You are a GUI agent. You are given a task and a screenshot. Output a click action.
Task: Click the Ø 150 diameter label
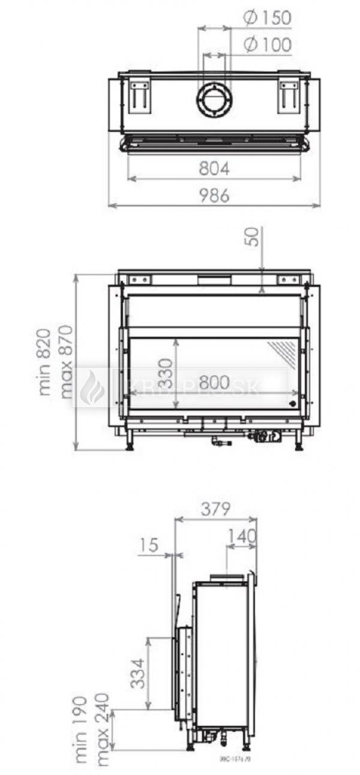coord(267,18)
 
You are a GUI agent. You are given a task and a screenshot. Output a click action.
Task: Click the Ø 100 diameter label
coord(267,44)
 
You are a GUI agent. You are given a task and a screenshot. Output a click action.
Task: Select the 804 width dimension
coord(214,169)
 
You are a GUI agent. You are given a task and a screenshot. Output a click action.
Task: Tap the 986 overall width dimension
coord(214,196)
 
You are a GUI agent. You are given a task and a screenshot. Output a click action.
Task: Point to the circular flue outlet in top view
coord(214,100)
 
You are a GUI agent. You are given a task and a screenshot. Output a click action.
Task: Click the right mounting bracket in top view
coord(288,96)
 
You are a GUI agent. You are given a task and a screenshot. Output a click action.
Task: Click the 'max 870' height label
coord(66,361)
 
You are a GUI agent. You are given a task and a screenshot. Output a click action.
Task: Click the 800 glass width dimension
coord(212,382)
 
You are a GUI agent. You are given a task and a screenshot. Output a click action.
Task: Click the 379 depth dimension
coord(214,510)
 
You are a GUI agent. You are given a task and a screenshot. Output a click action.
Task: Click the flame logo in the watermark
coord(92,387)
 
